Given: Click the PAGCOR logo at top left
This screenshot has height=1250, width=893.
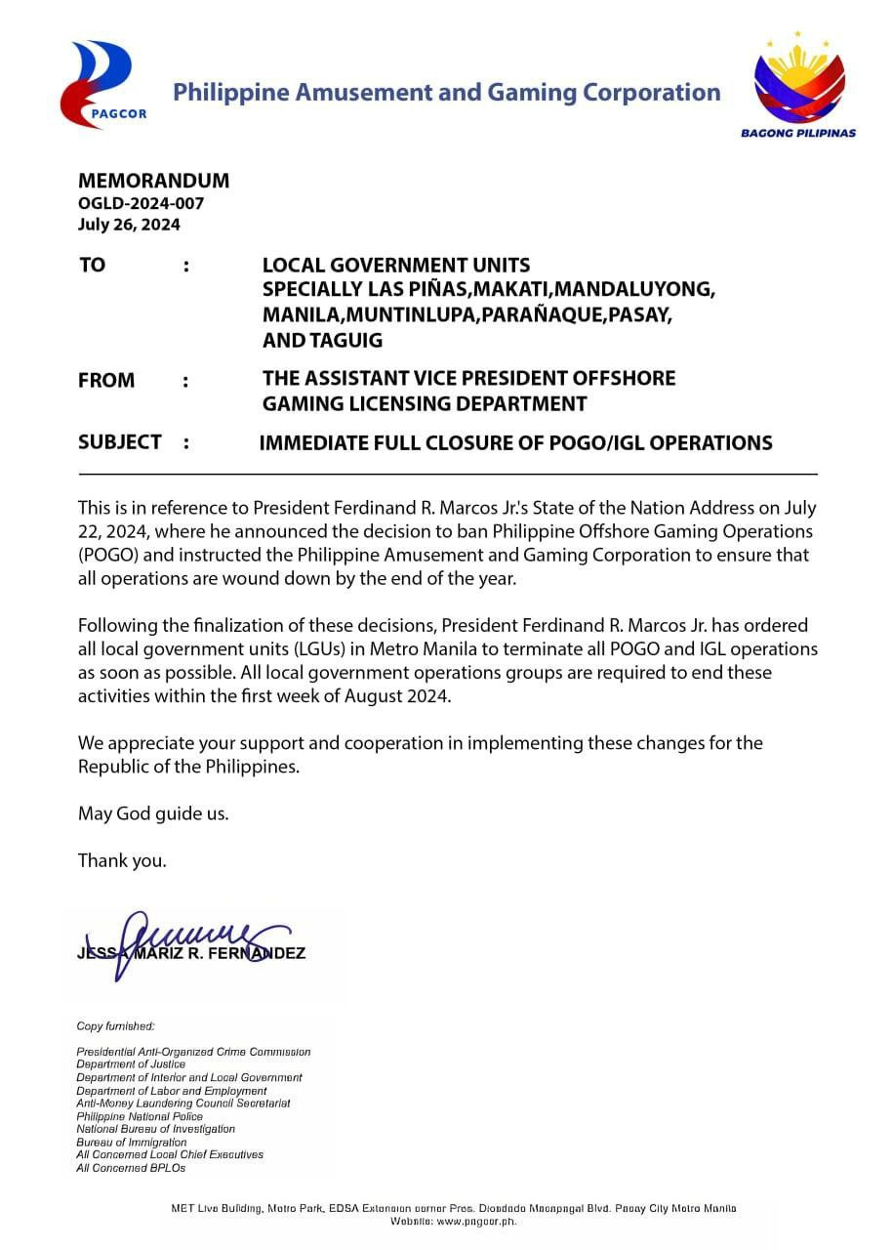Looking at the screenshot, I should (103, 84).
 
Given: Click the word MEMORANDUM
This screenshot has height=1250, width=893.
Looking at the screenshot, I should (153, 181).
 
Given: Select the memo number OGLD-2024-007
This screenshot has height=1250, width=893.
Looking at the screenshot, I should (141, 203).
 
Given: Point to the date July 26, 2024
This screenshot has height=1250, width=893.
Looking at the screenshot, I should (129, 224).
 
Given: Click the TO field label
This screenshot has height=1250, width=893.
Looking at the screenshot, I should (92, 266).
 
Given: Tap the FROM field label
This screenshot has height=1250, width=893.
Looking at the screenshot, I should (106, 380).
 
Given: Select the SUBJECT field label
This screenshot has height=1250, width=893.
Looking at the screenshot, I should (120, 442).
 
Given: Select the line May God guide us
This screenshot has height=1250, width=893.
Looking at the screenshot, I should (153, 813).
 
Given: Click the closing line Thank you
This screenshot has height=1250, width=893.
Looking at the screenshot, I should (122, 860).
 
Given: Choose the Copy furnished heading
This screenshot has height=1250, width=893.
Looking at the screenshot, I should (115, 1026).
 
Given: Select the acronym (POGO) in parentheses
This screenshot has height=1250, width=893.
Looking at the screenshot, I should (108, 555).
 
